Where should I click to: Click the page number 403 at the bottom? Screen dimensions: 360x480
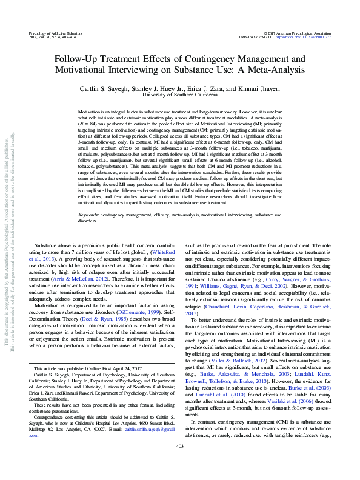coord(179,464)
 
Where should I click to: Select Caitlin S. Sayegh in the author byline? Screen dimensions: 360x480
coord(103,88)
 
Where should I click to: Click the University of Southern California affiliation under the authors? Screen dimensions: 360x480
coord(179,95)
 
